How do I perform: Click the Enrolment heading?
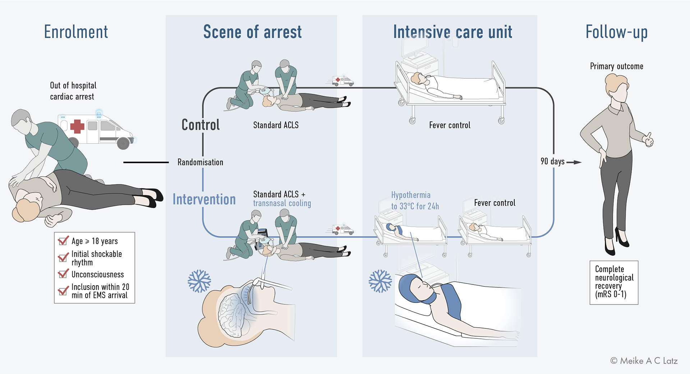76,32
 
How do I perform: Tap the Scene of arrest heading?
252,32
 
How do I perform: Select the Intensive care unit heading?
452,32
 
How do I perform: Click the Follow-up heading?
616,32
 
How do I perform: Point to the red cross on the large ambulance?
77,126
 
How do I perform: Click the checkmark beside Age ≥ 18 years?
64,240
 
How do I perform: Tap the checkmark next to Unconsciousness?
64,274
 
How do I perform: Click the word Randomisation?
200,162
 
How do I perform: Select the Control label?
201,125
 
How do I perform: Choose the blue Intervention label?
204,199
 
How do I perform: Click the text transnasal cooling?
282,203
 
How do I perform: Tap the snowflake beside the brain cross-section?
199,281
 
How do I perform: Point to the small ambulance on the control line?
342,81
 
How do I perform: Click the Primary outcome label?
617,66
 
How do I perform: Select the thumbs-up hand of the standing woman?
648,139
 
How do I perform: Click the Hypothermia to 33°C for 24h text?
415,200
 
